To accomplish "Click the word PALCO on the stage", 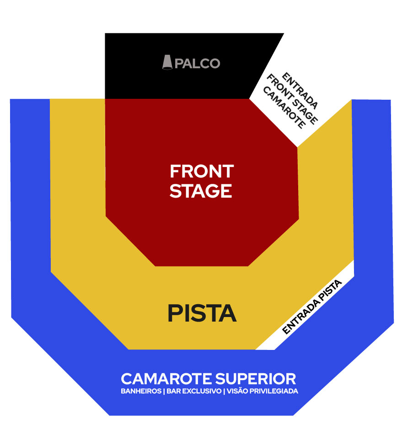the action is pos(198,63).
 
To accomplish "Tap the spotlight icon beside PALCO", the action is pos(168,62).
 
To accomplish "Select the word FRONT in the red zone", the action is pos(202,172).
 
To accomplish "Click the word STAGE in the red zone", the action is pos(201,190).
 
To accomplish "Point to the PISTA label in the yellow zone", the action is pos(202,313).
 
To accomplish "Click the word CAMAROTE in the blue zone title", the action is pos(166,379).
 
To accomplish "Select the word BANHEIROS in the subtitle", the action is pos(140,392).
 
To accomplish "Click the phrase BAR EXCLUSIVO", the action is pos(194,392).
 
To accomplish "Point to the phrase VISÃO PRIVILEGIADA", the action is pos(263,392).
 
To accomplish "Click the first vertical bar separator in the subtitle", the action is pos(163,392).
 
